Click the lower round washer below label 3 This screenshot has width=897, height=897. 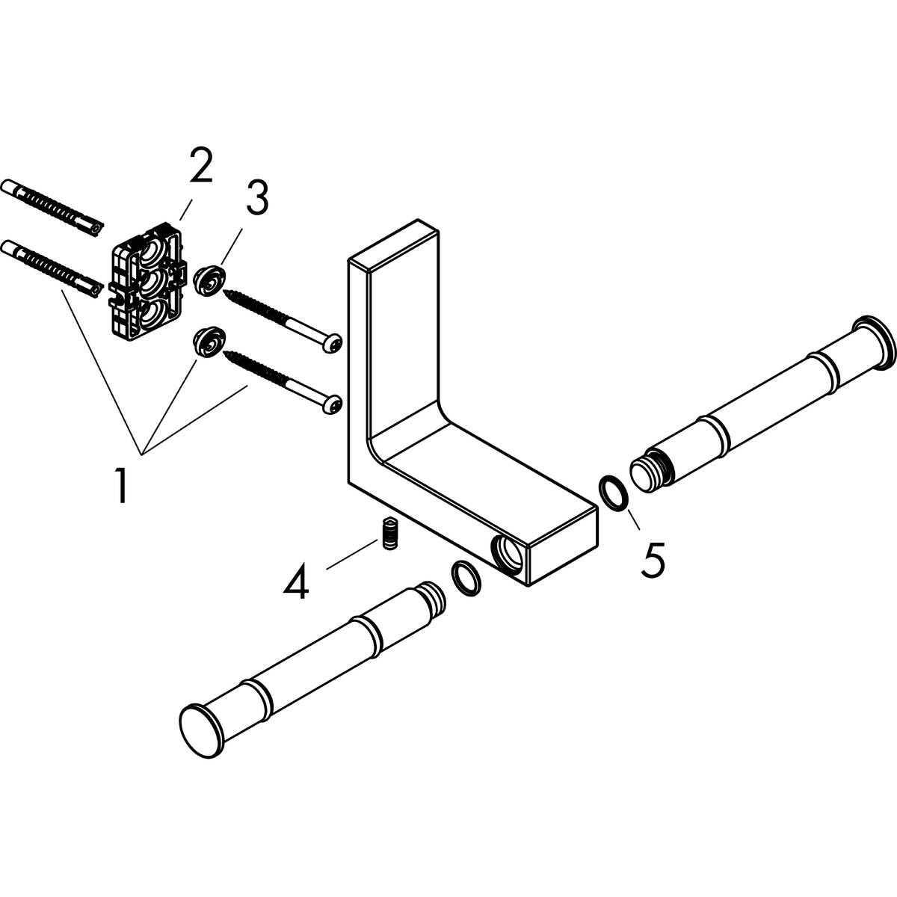coord(206,342)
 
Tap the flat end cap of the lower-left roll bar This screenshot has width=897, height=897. coord(199,724)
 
